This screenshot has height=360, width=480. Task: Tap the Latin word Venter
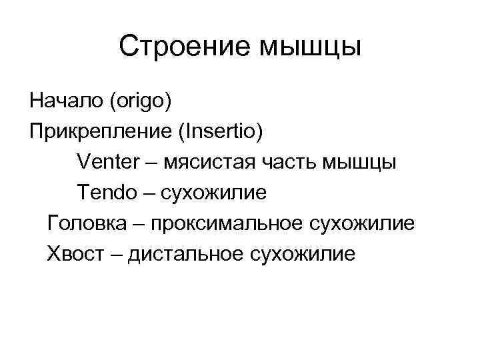tap(109, 162)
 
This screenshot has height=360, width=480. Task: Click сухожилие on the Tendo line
tap(213, 193)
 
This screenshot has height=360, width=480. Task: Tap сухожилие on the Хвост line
tap(304, 255)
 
